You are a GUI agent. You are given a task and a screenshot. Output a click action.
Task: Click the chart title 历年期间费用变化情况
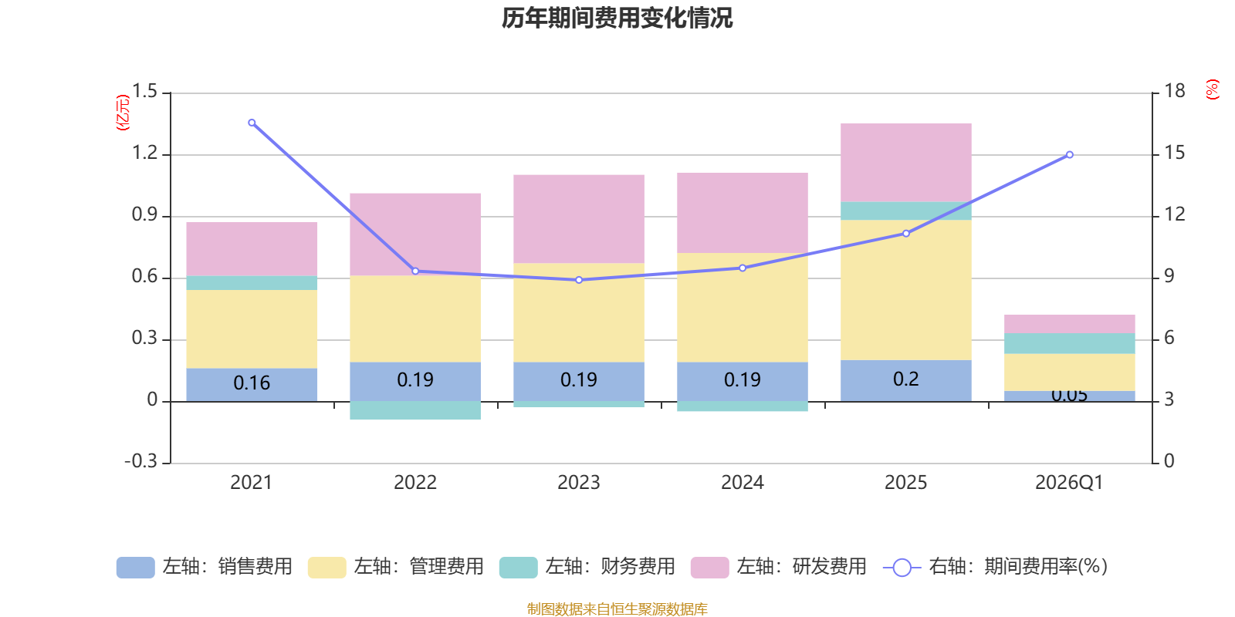[617, 18]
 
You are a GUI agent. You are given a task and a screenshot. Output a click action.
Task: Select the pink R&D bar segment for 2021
[252, 248]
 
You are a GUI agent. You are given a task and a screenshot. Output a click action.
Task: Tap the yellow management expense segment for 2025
[905, 289]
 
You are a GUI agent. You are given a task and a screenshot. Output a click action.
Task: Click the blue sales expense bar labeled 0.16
[252, 384]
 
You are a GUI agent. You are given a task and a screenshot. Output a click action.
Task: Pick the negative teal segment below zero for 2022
[415, 410]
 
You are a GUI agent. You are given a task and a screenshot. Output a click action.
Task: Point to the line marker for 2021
[252, 123]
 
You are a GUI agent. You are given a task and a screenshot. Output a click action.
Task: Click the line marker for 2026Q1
[1069, 155]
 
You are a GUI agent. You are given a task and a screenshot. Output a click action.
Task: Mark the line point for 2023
[579, 280]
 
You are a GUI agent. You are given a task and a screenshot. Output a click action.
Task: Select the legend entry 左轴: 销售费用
[205, 567]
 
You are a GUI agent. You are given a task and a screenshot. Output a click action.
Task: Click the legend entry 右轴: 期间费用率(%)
[995, 567]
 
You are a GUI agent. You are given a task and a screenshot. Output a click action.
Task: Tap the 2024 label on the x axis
[742, 483]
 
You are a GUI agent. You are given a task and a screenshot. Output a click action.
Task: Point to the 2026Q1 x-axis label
[1069, 483]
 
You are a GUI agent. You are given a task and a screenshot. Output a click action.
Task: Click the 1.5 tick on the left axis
[144, 92]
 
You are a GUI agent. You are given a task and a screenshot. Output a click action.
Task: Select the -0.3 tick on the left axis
[140, 461]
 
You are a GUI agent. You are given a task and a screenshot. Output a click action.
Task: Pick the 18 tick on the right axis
[1174, 91]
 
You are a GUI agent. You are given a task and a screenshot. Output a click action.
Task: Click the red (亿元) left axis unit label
[123, 113]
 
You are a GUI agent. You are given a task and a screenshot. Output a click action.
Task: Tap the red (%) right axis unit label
[1212, 89]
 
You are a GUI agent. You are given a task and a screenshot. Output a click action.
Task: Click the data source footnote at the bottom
[617, 609]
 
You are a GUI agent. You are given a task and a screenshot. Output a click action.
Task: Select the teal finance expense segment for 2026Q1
[1069, 343]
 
